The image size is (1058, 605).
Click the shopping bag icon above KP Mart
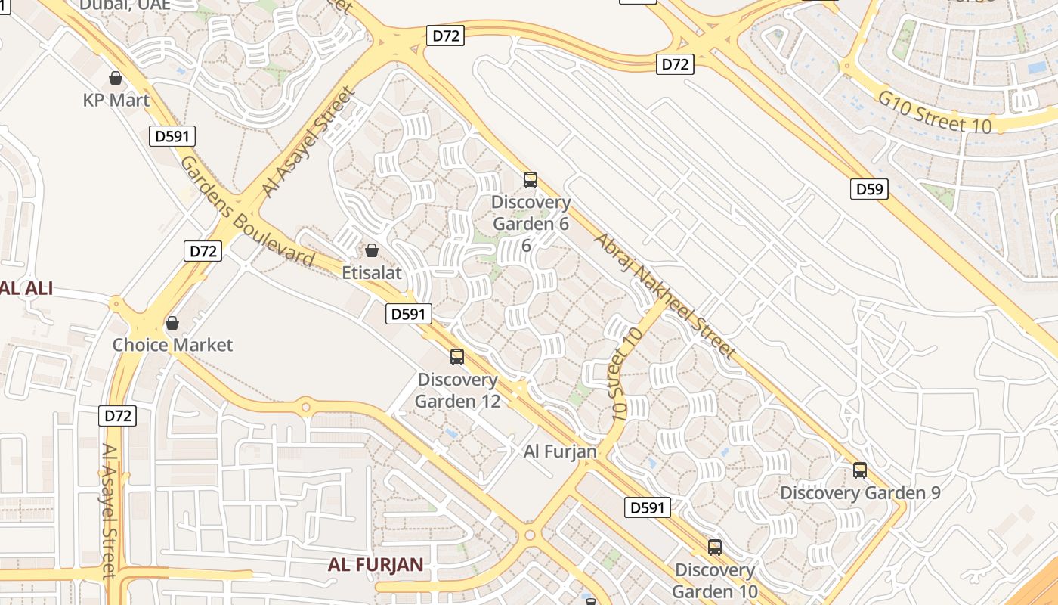(116, 78)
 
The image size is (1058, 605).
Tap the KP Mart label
(116, 100)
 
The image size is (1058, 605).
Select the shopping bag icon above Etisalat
(372, 250)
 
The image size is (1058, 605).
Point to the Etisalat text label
(372, 271)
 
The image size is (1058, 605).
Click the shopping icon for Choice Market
(172, 323)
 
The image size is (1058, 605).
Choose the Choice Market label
(173, 345)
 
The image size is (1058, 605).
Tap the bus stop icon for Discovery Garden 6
(531, 180)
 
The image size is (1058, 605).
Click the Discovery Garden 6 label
(531, 213)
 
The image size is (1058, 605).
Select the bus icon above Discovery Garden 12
(457, 357)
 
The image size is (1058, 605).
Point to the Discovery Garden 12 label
(457, 390)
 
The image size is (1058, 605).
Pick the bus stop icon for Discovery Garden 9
(860, 470)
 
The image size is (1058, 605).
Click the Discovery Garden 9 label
(860, 493)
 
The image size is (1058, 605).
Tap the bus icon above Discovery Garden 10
(715, 548)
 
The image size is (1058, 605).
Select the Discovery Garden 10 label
(715, 580)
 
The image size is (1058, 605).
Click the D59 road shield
(869, 189)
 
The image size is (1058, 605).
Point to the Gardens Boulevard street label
(246, 212)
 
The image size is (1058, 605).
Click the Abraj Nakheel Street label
(665, 296)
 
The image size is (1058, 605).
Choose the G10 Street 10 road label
(934, 112)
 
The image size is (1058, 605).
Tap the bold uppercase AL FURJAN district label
(376, 565)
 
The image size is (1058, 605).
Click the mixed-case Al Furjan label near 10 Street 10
(560, 451)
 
